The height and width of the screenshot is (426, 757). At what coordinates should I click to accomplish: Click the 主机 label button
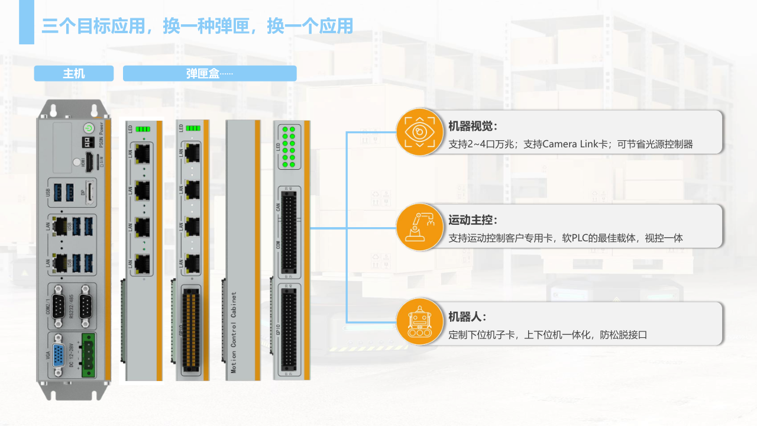[x=74, y=73]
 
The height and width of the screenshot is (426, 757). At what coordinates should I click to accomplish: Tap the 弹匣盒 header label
[x=209, y=73]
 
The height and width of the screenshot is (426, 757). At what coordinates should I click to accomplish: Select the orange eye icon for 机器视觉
[x=419, y=131]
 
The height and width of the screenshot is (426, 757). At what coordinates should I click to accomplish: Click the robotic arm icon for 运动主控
[x=419, y=227]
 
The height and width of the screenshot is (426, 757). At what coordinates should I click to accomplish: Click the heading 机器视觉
[x=473, y=125]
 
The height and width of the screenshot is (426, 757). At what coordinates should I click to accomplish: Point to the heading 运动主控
[x=473, y=220]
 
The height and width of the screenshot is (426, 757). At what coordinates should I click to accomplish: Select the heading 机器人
[x=467, y=317]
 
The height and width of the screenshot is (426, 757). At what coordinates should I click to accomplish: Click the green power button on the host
[x=88, y=127]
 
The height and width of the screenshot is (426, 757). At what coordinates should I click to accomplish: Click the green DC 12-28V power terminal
[x=88, y=355]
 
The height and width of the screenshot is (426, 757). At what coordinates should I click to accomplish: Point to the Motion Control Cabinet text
[x=234, y=331]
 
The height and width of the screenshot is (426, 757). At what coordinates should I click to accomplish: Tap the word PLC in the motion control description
[x=580, y=238]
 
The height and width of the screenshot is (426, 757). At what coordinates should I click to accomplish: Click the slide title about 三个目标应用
[x=198, y=26]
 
